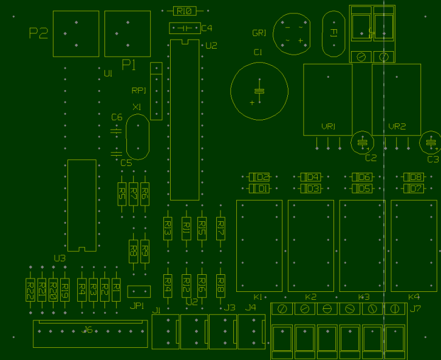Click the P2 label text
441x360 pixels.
[38, 33]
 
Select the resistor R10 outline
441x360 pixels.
[185, 11]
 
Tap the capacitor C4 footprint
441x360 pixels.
[185, 28]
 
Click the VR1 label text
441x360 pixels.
[328, 126]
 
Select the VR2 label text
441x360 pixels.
[396, 126]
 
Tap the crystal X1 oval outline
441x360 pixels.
[137, 137]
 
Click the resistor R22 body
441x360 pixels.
[30, 289]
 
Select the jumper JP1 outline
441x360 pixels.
[139, 292]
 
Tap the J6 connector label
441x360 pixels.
[87, 330]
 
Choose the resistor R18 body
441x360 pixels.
[221, 283]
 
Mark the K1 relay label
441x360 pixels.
[258, 297]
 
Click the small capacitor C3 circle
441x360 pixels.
[431, 143]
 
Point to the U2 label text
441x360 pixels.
[211, 46]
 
